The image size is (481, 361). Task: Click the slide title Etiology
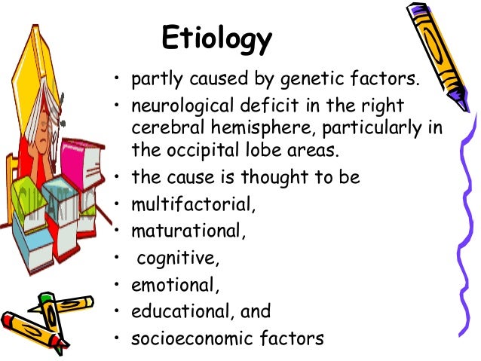[217, 39]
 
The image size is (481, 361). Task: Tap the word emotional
[172, 286]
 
